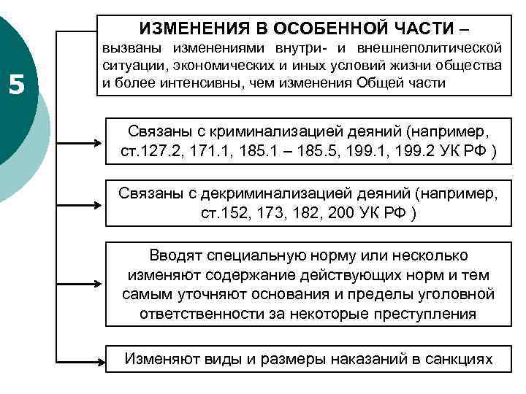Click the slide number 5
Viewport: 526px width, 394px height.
[x=17, y=85]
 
